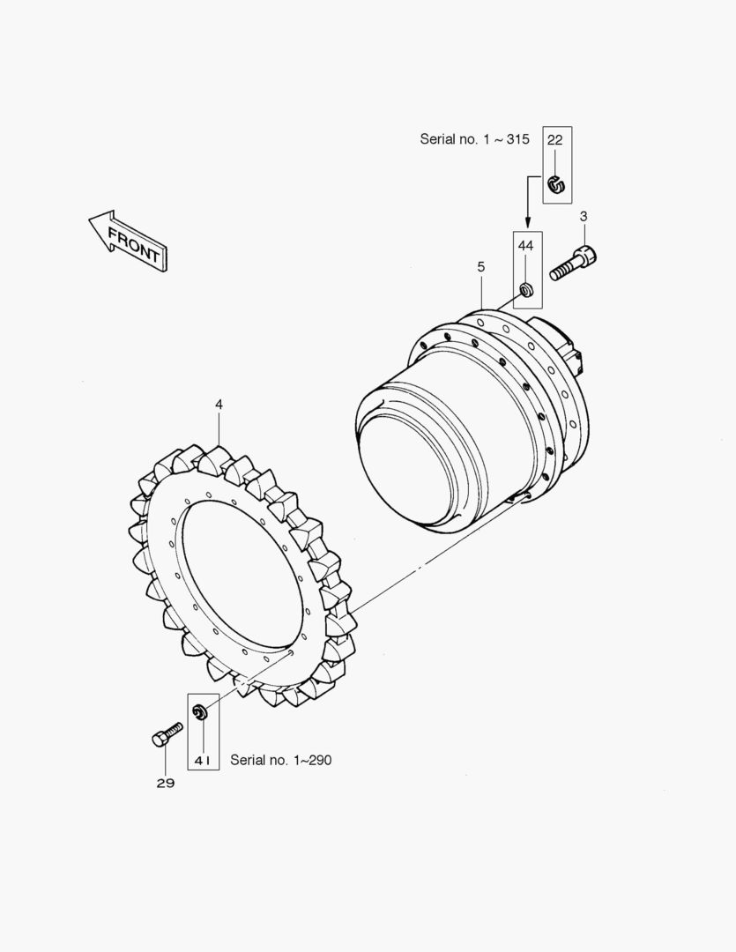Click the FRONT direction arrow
[x=128, y=241]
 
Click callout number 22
[x=555, y=139]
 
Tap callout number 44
[x=526, y=245]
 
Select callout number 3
[x=584, y=216]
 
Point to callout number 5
[x=481, y=266]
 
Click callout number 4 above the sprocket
[x=219, y=405]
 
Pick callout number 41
[x=203, y=760]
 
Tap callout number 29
[x=166, y=784]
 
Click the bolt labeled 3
[x=573, y=263]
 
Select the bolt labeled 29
[x=167, y=734]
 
